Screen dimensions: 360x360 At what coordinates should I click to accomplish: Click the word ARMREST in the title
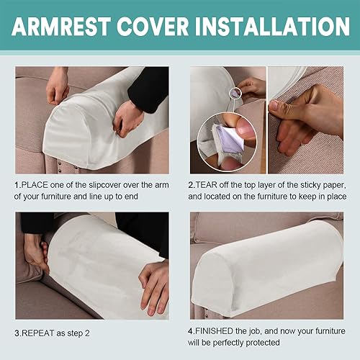pos(61,27)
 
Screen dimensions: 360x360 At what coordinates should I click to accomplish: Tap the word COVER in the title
pos(153,27)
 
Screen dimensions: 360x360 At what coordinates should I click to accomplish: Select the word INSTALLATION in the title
pos(272,27)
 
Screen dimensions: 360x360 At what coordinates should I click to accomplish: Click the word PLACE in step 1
pos(35,185)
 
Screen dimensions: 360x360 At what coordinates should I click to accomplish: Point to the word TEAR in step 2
pos(207,185)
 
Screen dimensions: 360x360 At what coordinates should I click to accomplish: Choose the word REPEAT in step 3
pos(38,333)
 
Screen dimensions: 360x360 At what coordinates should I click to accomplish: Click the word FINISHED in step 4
pos(214,331)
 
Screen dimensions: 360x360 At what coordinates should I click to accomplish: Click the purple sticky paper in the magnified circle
pos(228,140)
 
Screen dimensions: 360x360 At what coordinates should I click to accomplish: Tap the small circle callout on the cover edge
pos(235,93)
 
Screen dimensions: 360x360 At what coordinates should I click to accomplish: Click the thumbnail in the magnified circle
pos(246,128)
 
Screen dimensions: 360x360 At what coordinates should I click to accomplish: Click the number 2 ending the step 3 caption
pos(87,333)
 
